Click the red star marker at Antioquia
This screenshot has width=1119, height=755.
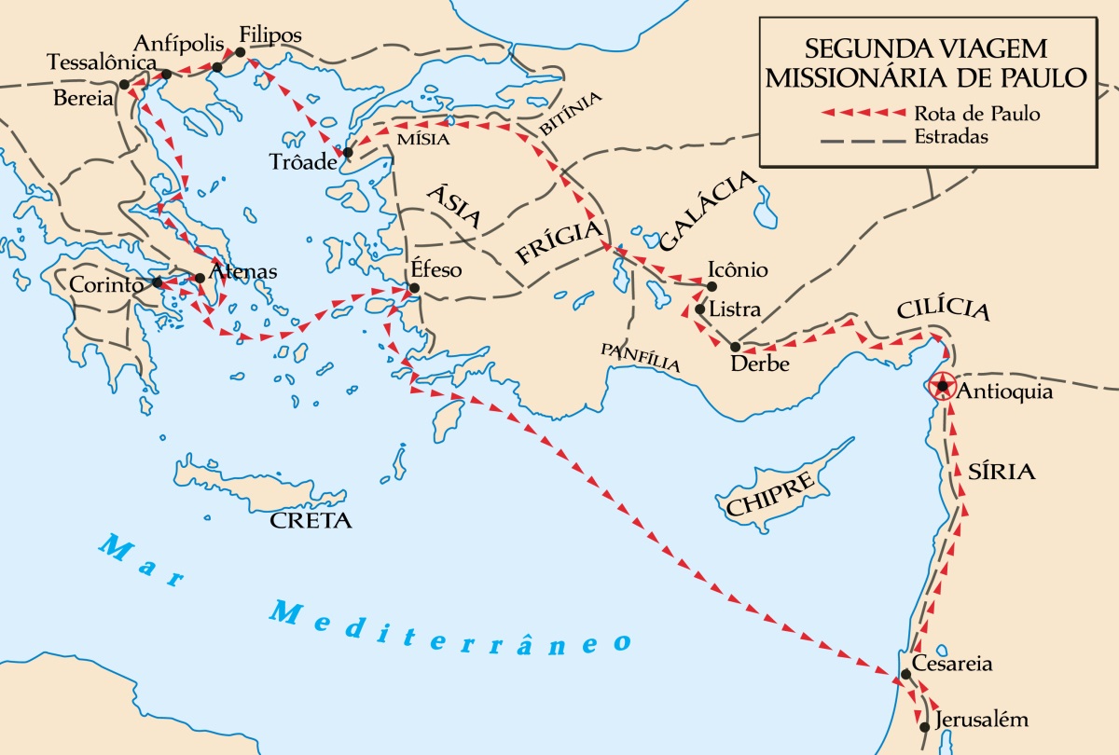tap(944, 386)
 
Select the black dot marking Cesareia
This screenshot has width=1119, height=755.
tap(905, 674)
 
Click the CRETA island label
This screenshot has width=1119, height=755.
tap(311, 520)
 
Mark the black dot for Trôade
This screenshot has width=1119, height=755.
tap(348, 152)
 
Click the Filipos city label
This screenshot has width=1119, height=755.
tap(270, 34)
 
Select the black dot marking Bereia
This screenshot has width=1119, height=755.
tap(124, 84)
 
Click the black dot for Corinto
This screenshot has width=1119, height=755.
tap(158, 281)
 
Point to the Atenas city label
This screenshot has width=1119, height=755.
tap(243, 272)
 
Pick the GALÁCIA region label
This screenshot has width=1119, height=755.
tap(706, 214)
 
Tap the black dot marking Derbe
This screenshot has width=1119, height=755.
tap(735, 347)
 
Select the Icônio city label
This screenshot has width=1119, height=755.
tap(738, 270)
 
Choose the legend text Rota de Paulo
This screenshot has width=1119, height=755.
tap(976, 114)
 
